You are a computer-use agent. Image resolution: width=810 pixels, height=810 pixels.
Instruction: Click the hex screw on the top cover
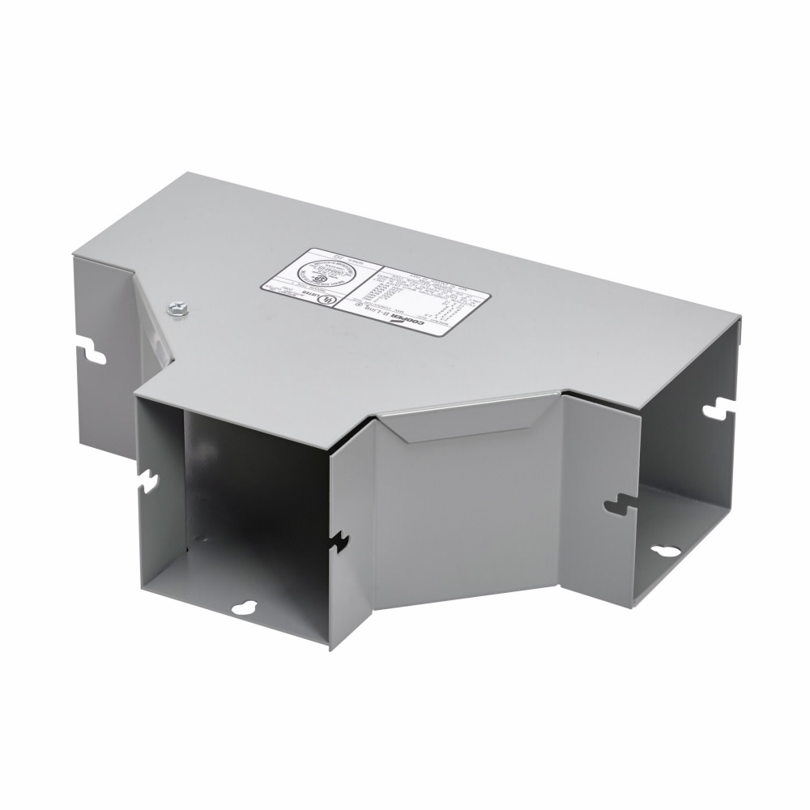pyautogui.click(x=174, y=308)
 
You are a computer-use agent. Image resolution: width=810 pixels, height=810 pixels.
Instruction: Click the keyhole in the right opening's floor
pyautogui.click(x=668, y=552)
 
